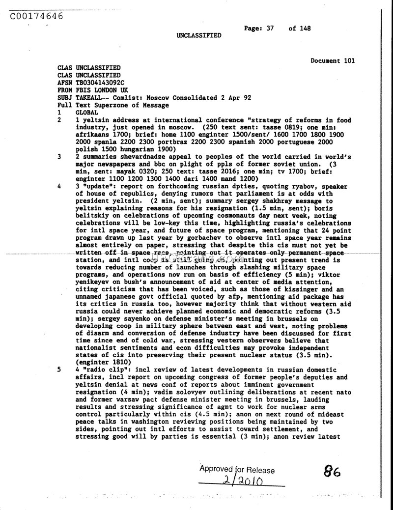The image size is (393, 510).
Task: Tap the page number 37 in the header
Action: (270, 28)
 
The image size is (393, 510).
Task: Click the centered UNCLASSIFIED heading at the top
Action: (199, 35)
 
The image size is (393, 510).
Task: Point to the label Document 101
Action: (333, 61)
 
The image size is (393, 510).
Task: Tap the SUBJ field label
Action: (65, 98)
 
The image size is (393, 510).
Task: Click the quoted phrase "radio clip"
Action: (102, 370)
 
